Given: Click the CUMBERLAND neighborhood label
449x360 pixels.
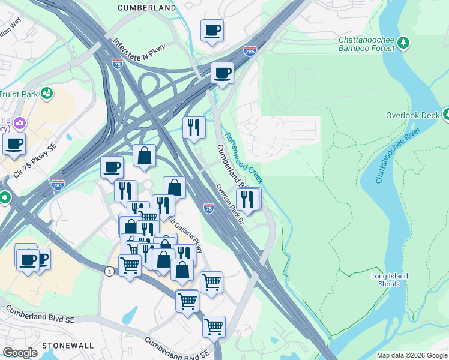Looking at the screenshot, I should click(146, 8).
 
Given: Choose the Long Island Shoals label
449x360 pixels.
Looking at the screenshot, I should click(389, 280).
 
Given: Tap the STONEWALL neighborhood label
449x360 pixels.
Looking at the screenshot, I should click(68, 346).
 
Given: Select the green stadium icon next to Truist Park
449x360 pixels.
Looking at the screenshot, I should click(47, 93).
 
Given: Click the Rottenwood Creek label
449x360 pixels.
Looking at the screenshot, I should click(243, 158).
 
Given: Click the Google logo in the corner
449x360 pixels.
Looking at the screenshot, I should click(20, 353).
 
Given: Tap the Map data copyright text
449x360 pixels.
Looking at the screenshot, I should click(412, 355).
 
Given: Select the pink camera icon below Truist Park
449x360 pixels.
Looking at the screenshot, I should click(19, 123).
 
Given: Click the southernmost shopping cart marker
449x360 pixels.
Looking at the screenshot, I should click(214, 326).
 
